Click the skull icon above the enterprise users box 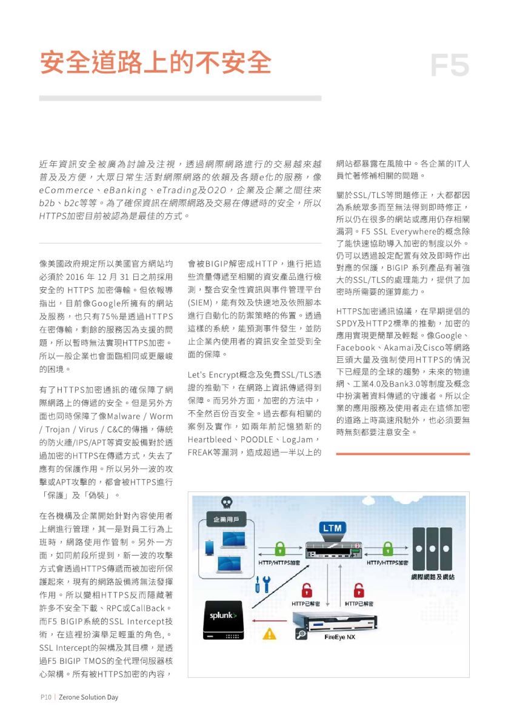[x=225, y=503]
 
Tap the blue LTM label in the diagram [x=332, y=528]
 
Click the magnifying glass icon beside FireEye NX [x=301, y=634]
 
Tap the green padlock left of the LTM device [x=279, y=549]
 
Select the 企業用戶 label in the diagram [x=226, y=519]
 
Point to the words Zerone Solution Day [x=88, y=697]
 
